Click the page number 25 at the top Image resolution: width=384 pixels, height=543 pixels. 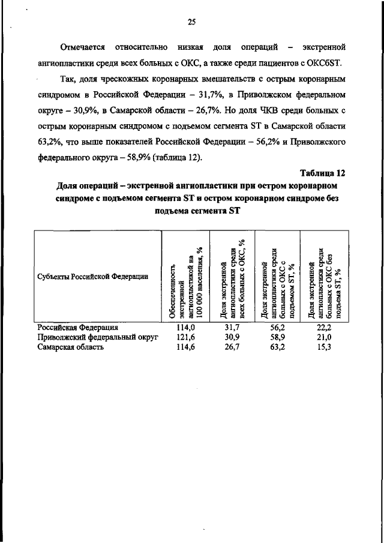pos(191,22)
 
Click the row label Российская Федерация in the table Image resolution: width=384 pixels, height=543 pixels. pos(78,328)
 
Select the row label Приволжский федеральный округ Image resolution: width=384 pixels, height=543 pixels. pos(97,338)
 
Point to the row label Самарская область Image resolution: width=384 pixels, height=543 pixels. pos(71,347)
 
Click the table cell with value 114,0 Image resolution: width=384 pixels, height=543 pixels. pos(184,328)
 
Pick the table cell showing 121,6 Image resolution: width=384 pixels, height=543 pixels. pos(184,338)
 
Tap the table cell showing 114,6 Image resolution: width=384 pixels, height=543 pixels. pos(184,347)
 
